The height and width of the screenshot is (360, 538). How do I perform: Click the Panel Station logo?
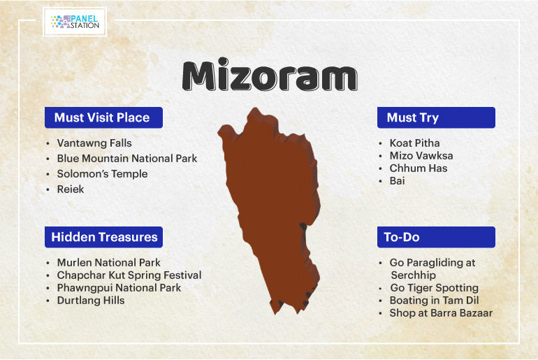75,22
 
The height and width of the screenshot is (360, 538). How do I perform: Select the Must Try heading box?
436,117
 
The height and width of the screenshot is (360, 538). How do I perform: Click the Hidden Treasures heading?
103,237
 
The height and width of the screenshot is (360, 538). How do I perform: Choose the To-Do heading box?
436,237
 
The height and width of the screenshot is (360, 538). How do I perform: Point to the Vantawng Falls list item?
94,143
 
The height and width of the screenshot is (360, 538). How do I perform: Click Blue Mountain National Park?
127,158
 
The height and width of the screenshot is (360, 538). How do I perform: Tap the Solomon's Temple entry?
102,173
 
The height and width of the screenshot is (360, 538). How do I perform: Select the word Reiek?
71,189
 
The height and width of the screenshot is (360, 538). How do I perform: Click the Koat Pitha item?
414,143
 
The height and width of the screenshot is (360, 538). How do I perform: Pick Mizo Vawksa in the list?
421,155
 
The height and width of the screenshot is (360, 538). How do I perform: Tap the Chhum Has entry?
419,168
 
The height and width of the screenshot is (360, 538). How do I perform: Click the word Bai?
397,180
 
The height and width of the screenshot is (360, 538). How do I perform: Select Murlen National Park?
108,262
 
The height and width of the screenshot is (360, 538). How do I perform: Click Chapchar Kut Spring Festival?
129,275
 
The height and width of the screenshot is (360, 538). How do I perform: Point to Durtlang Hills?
91,301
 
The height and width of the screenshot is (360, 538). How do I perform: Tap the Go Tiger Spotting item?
434,287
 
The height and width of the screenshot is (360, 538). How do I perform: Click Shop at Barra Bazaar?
441,313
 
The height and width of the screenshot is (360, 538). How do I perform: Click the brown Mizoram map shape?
271,206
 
